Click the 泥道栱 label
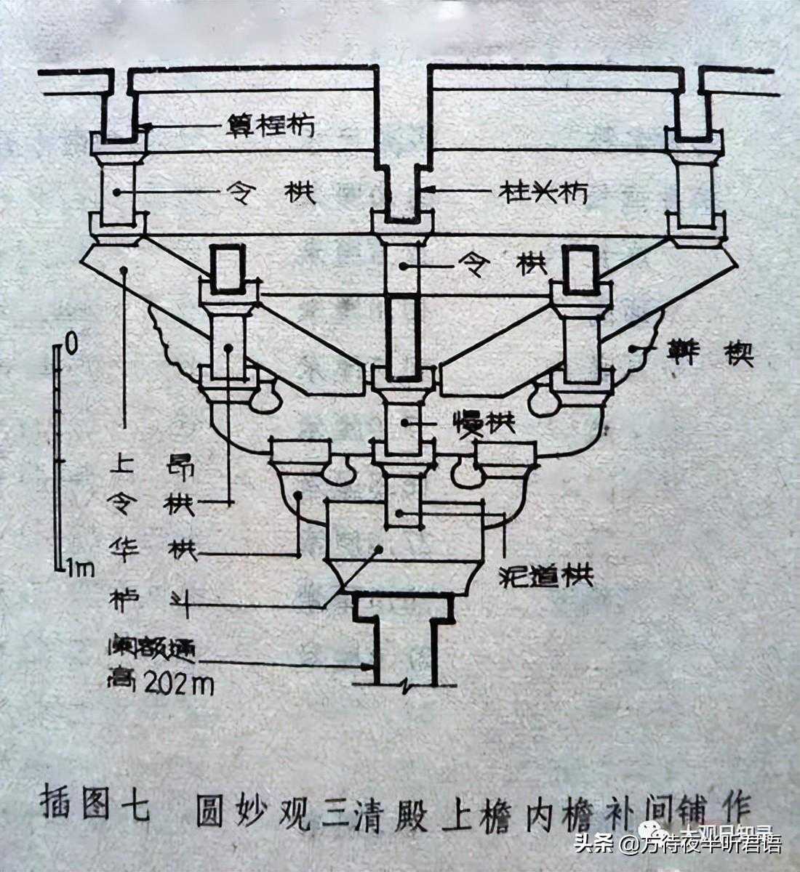point(547,576)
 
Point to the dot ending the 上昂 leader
point(125,270)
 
